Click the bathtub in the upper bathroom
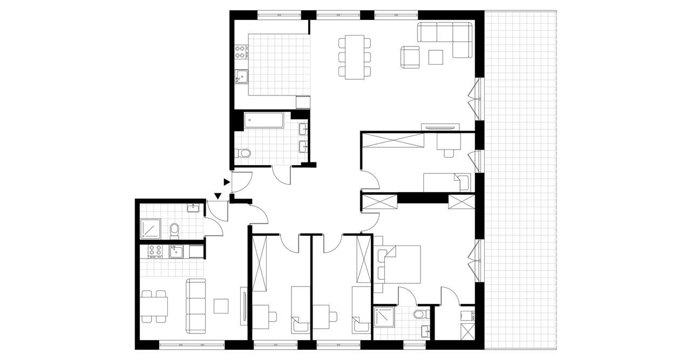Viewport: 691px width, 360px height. point(264,120)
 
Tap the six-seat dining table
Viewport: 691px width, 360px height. point(355,57)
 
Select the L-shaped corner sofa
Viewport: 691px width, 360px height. point(448,38)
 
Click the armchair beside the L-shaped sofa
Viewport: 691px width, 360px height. point(410,57)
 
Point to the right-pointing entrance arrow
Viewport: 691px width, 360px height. point(227,184)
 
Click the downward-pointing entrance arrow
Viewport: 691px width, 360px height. point(218,196)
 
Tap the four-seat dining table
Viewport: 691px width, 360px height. point(153,306)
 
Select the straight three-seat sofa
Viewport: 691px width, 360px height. point(195,305)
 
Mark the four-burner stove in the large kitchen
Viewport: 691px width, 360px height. point(241,52)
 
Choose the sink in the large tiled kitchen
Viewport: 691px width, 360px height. point(241,78)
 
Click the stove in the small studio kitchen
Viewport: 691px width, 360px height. point(155,252)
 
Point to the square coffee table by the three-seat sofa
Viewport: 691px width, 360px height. point(221,306)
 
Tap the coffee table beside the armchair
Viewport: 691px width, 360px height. point(436,57)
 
